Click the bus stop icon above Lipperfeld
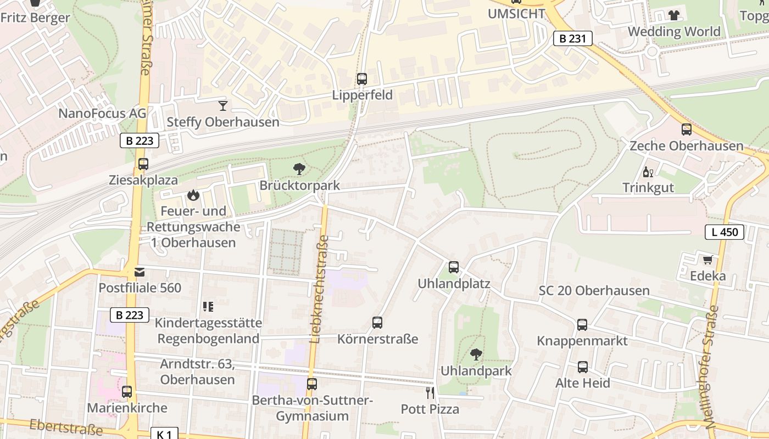coord(361,79)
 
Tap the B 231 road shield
coord(572,38)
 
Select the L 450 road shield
coord(725,232)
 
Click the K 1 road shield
coord(164,434)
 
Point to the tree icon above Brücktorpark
coord(299,169)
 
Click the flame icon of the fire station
coord(193,195)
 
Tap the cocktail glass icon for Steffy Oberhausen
coord(222,105)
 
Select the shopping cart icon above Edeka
coord(707,259)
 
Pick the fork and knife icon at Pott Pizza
coord(430,392)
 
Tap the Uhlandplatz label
coord(454,284)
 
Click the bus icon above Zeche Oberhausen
coord(687,130)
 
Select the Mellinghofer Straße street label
coord(712,367)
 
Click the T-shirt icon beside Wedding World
coord(674,15)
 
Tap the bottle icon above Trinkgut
coord(648,172)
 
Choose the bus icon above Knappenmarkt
coord(582,325)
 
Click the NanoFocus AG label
coord(102,114)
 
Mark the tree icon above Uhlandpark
coord(476,354)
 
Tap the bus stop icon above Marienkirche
coord(127,392)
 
